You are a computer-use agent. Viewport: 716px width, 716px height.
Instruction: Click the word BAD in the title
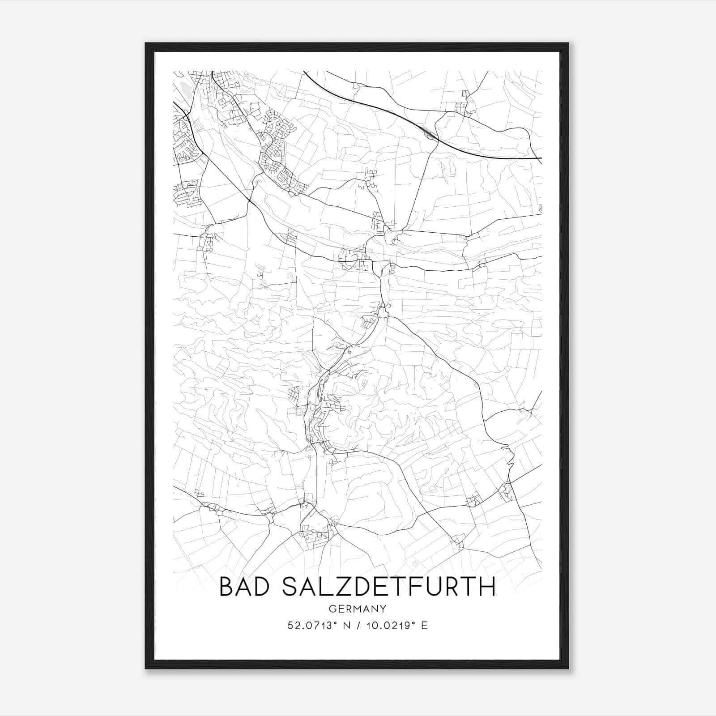245,587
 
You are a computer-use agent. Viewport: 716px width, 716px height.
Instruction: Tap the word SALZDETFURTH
389,587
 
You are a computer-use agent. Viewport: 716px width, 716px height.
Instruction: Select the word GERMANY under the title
357,609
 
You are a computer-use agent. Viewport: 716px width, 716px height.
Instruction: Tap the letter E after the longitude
425,625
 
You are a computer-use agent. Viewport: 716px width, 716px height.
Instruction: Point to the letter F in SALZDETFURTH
424,587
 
